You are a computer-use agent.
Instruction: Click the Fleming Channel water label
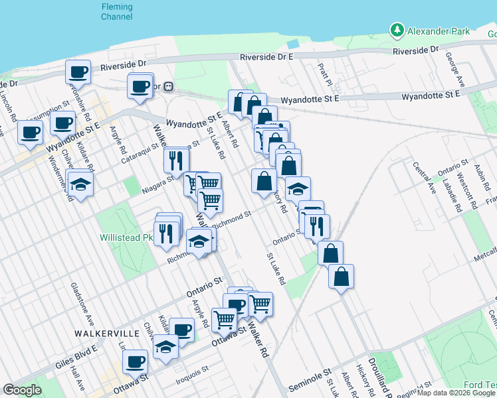coord(116,11)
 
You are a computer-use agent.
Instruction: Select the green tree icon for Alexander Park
coord(397,31)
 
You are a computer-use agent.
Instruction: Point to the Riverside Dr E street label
coord(267,58)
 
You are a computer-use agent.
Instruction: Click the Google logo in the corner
coord(21,390)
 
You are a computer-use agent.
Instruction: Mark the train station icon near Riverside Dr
coord(169,86)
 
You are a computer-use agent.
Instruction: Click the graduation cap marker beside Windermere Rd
coord(80,184)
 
